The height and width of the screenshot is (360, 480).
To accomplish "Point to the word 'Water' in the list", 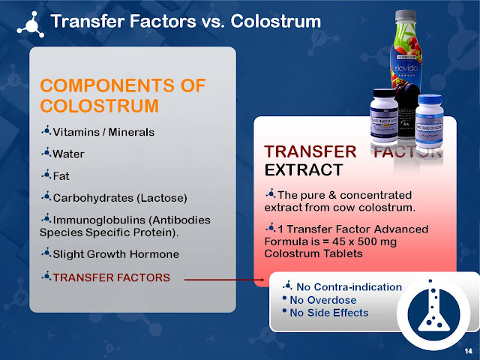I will (x=68, y=154).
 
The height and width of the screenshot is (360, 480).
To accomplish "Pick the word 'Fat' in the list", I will (x=62, y=176).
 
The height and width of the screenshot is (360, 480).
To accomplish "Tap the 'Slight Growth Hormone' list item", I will (x=115, y=254).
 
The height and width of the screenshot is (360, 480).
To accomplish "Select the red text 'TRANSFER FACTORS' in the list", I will (x=112, y=277).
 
